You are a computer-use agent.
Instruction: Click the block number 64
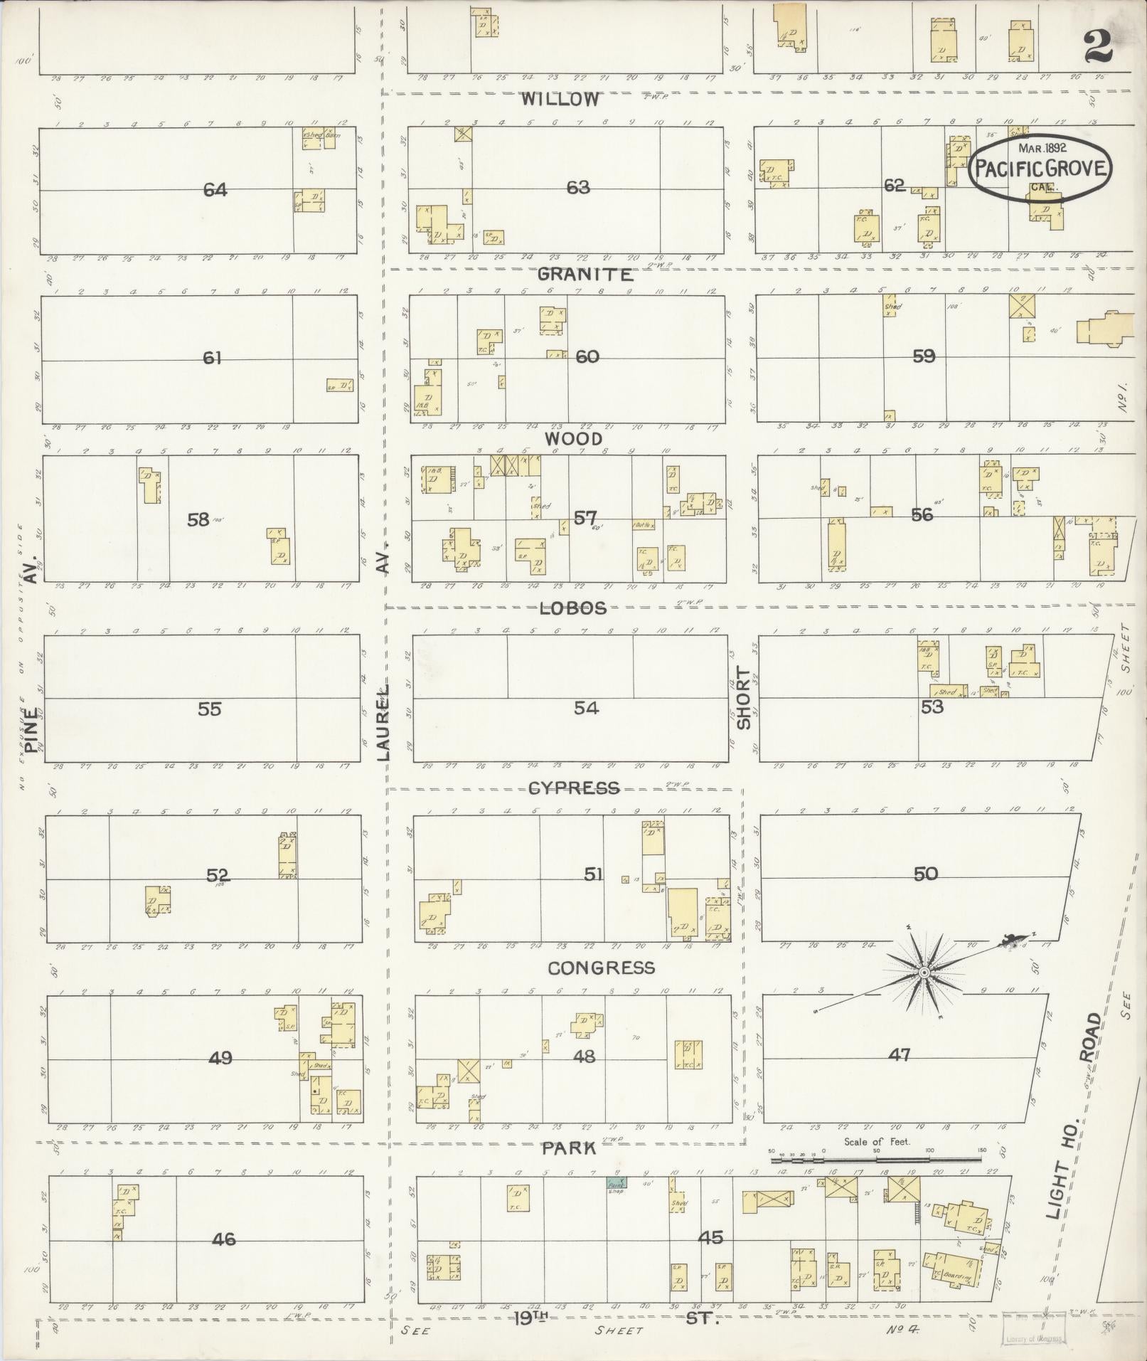pyautogui.click(x=215, y=190)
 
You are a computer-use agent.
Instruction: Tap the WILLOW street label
pyautogui.click(x=560, y=100)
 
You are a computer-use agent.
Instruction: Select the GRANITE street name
pyautogui.click(x=585, y=275)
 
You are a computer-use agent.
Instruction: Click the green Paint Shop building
pyautogui.click(x=617, y=1184)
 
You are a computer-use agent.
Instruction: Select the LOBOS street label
pyautogui.click(x=573, y=608)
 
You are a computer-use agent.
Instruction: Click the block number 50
pyautogui.click(x=926, y=874)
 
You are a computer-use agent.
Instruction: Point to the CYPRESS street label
pyautogui.click(x=575, y=788)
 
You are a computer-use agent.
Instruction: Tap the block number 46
pyautogui.click(x=223, y=1240)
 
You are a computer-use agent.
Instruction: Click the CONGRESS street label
pyautogui.click(x=601, y=968)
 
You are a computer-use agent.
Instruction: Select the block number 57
pyautogui.click(x=585, y=519)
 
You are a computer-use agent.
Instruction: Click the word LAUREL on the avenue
pyautogui.click(x=384, y=724)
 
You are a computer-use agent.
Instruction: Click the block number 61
pyautogui.click(x=213, y=358)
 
